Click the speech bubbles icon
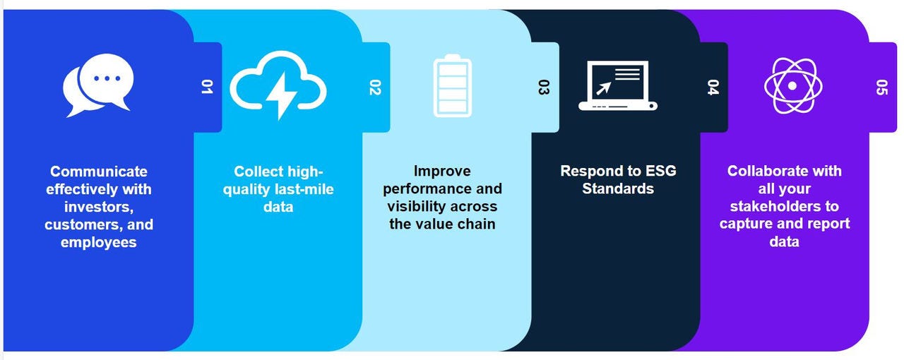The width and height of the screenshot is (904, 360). coord(97,85)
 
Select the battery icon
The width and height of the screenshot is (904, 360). coord(453,86)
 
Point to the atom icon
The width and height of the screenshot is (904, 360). coord(792,85)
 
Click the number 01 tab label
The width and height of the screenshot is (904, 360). coord(207,87)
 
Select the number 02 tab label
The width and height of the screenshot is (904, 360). coord(375,87)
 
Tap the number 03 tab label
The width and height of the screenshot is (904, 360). coord(544,87)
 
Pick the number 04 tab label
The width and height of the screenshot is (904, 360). coord(713,87)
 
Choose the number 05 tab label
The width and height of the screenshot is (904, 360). coord(881,87)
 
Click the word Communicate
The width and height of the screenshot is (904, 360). coord(99,172)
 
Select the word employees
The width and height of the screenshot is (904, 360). coord(99,242)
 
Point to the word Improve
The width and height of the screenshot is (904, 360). coord(442,171)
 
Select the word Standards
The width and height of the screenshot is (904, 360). coord(618,188)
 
